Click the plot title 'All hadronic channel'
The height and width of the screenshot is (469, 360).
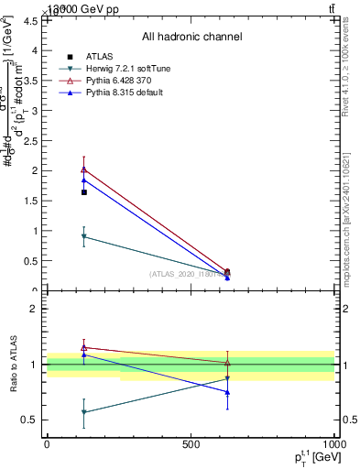click(191, 37)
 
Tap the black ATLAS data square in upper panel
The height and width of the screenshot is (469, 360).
click(84, 192)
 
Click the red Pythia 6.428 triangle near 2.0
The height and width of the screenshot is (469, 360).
click(84, 169)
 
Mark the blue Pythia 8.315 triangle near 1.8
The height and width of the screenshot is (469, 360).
click(84, 180)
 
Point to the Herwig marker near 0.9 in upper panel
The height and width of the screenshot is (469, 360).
click(84, 237)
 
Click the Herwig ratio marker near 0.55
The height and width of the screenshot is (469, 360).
click(84, 412)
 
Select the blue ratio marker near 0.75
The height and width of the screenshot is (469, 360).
click(227, 392)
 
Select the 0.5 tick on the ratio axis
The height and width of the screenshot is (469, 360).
click(30, 420)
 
